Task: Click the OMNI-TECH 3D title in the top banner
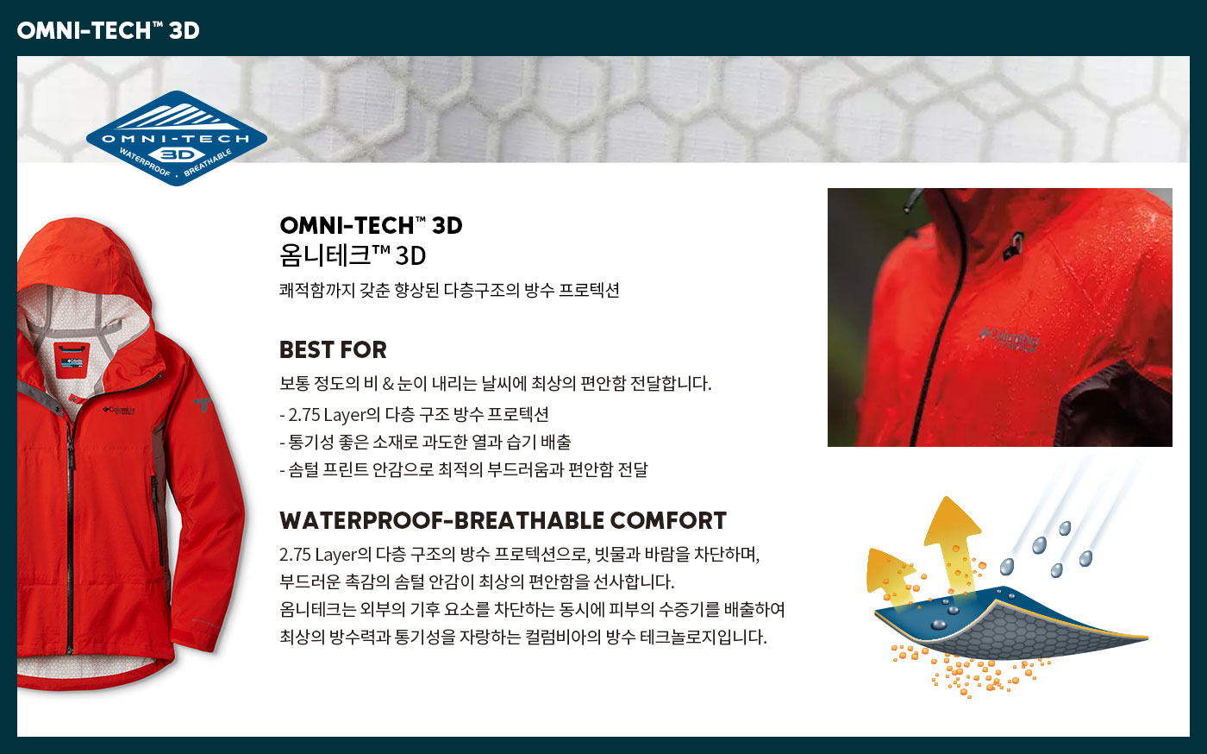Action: [x=109, y=30]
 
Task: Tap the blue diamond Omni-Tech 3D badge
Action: [x=176, y=138]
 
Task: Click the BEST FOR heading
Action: [x=333, y=349]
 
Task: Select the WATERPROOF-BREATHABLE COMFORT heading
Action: [x=503, y=520]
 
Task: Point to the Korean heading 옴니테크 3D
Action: [x=353, y=255]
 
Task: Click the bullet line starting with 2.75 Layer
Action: [x=414, y=414]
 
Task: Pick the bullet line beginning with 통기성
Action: [x=425, y=442]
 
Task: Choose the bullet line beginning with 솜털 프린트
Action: [x=464, y=469]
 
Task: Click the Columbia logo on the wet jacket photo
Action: [x=1010, y=340]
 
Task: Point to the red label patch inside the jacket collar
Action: [x=72, y=361]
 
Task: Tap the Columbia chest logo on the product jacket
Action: [x=119, y=411]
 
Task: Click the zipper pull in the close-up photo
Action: [x=1013, y=247]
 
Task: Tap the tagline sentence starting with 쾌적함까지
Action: [x=449, y=290]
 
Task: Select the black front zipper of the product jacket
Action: [x=70, y=534]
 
